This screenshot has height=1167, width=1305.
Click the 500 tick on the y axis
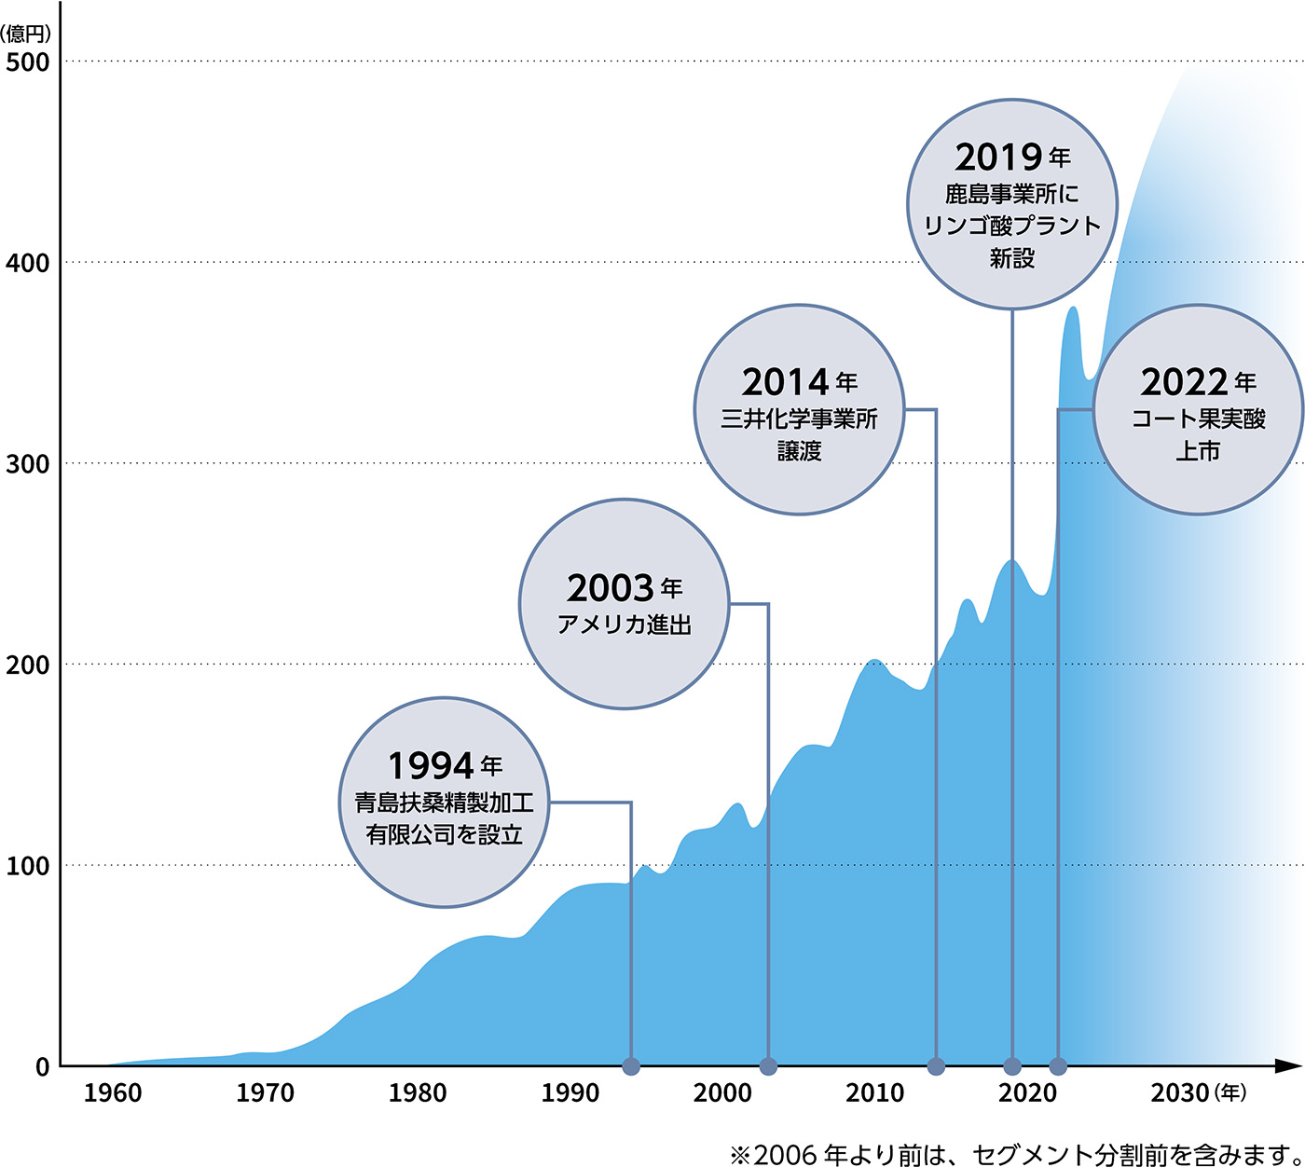(27, 62)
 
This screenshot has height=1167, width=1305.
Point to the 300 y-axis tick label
(27, 464)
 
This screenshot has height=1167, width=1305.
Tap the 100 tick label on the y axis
(27, 866)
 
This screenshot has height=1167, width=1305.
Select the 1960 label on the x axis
(113, 1093)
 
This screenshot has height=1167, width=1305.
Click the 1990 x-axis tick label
(570, 1093)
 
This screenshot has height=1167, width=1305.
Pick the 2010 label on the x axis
(874, 1093)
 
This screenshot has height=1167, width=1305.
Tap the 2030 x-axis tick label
(1179, 1093)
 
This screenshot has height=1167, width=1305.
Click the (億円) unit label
(26, 35)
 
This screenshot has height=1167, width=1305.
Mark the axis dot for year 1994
(631, 1066)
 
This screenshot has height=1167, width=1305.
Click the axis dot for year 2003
(768, 1066)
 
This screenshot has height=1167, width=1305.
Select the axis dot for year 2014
(936, 1066)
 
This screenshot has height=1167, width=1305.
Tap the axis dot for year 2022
(1058, 1066)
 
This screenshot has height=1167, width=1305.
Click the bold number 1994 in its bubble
(431, 766)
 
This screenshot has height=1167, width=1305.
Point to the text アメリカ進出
(624, 625)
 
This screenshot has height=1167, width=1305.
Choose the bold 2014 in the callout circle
(785, 382)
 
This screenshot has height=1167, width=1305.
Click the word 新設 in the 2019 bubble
(1012, 258)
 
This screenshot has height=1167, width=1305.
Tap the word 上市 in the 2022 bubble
(1198, 451)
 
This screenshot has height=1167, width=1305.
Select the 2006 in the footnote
(785, 1155)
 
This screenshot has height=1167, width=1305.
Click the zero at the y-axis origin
(42, 1067)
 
